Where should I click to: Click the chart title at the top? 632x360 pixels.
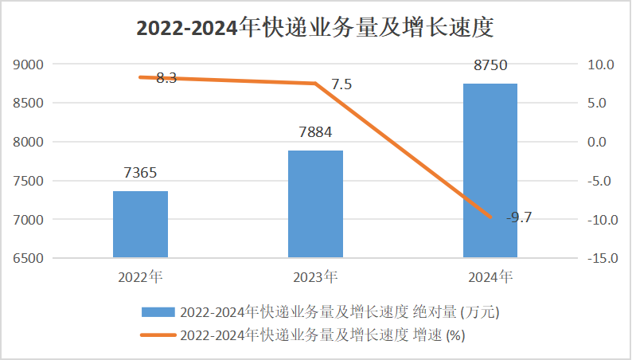[x=316, y=27]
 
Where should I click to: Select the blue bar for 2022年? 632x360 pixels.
[x=140, y=225]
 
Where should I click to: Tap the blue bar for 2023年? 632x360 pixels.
[x=315, y=204]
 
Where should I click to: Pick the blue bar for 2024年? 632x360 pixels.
[x=490, y=170]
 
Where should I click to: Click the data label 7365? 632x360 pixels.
[x=140, y=173]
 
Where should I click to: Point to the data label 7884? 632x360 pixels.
[x=315, y=132]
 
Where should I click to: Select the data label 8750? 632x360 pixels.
[x=490, y=65]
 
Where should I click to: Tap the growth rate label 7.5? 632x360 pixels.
[x=341, y=84]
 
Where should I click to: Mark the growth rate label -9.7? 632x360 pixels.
[x=519, y=216]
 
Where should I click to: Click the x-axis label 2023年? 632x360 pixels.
[x=315, y=278]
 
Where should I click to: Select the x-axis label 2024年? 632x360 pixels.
[x=490, y=278]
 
